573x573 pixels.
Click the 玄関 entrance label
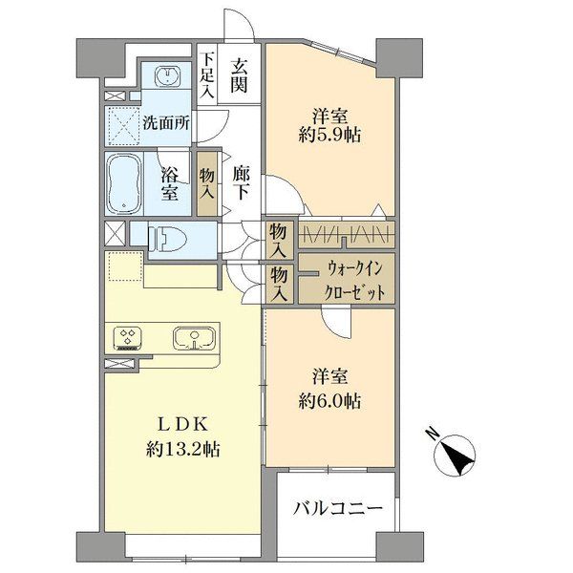pos(239,75)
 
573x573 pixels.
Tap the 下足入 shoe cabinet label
pos(207,75)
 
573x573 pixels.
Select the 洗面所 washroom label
pos(164,122)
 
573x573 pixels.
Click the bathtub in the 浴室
pos(123,182)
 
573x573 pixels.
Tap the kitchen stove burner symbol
pos(128,337)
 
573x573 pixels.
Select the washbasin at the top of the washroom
pos(169,77)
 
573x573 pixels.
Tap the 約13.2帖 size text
pos(183,449)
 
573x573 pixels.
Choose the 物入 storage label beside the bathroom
pos(207,183)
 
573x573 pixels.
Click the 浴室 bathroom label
pos(170,183)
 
